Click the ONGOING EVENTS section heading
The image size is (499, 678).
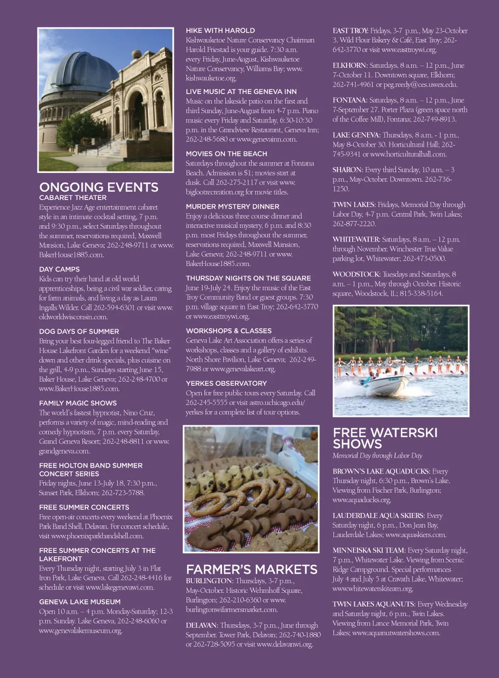[99, 187]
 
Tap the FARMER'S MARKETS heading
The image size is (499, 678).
[252, 569]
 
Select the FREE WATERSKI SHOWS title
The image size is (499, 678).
[385, 438]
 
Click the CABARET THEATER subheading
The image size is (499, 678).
[73, 198]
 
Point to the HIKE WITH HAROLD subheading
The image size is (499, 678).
[220, 31]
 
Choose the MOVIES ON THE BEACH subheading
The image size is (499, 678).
[227, 154]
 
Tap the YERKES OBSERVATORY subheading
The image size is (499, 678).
[226, 383]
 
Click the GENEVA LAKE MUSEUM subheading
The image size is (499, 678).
[80, 602]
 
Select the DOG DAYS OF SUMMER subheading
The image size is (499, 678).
[79, 331]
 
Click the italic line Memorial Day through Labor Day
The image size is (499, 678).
[377, 456]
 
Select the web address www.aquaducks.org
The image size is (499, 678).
[361, 500]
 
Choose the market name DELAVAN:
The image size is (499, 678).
[201, 626]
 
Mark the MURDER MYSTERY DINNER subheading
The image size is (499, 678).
[232, 206]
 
